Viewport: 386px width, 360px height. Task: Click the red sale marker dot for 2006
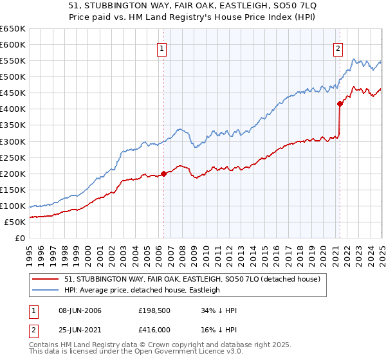coord(163,174)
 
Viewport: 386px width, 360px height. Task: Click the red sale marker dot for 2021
coord(340,103)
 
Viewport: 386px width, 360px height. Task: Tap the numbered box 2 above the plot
coord(338,47)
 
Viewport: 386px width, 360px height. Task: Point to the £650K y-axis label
coord(14,29)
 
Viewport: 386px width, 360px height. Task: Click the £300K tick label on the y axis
coord(14,141)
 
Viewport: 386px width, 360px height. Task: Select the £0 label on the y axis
coord(19,238)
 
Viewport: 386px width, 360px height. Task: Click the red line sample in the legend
coord(46,278)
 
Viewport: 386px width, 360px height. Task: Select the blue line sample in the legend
coord(46,290)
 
